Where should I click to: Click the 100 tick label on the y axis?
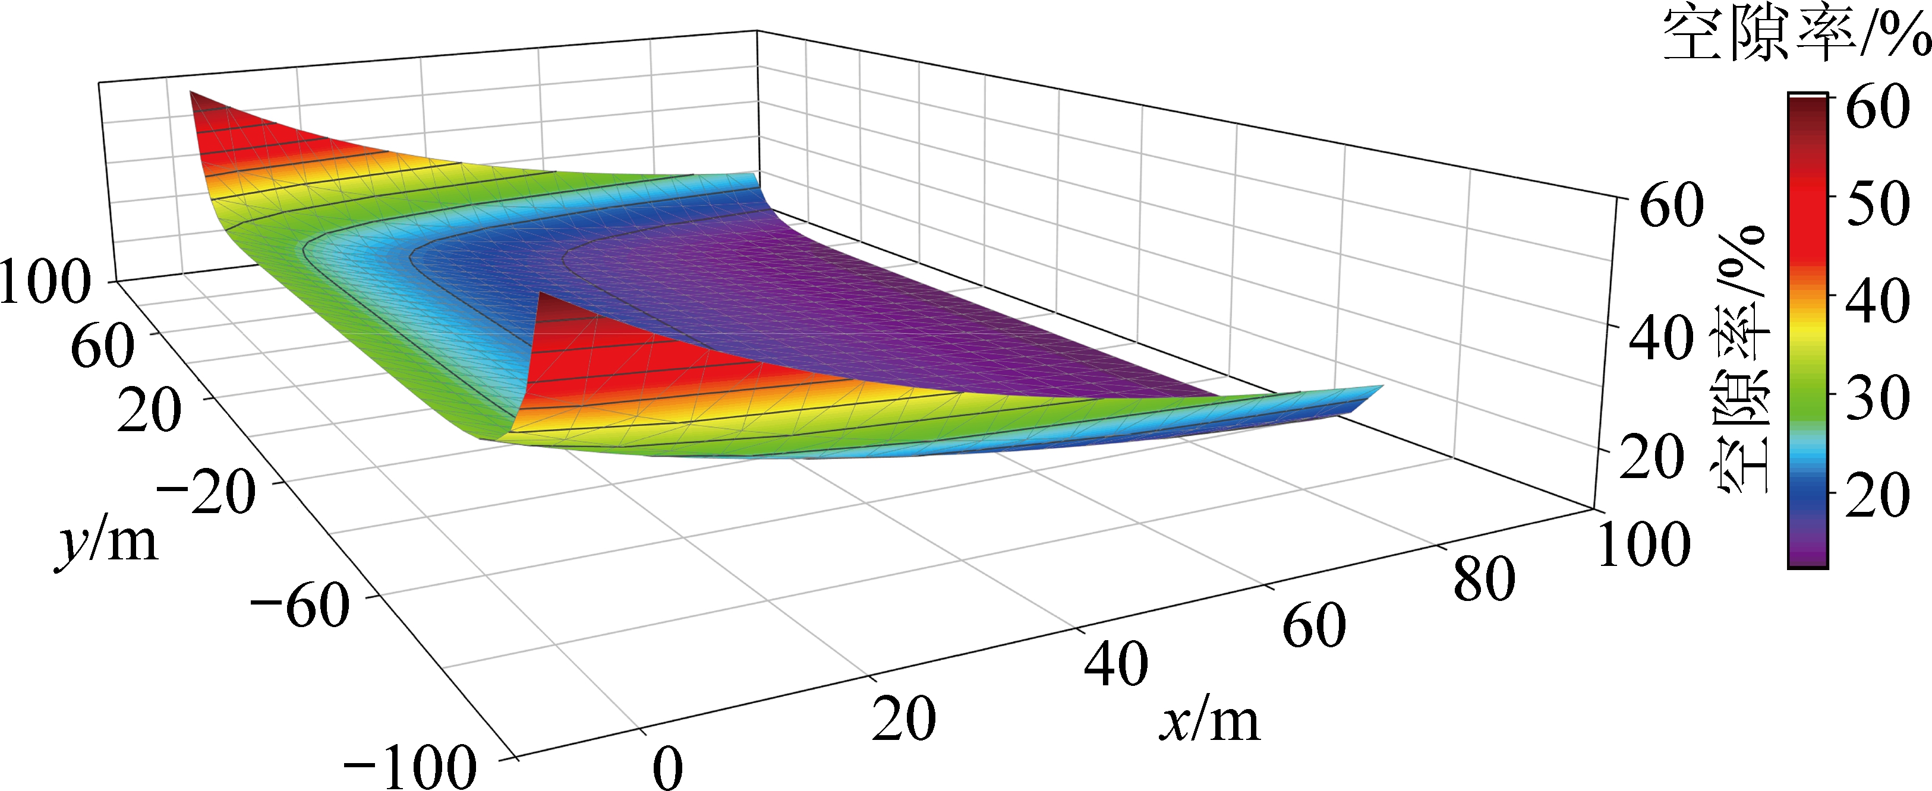[45, 283]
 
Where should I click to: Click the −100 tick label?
[409, 766]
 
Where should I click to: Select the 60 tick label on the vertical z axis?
[1671, 205]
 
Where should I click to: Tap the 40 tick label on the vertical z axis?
[1660, 338]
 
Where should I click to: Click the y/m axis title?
[107, 542]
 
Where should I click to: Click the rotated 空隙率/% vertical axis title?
[1741, 360]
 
